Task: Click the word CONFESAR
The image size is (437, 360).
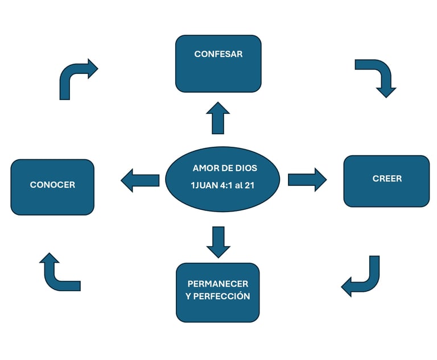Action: [218, 55]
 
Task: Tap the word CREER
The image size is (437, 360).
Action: [387, 179]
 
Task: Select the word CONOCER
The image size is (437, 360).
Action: [52, 185]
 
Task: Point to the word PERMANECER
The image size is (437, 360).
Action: [218, 284]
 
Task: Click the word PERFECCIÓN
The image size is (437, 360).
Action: [224, 296]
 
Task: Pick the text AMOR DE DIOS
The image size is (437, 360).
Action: [225, 168]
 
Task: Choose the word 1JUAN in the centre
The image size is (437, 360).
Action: [203, 185]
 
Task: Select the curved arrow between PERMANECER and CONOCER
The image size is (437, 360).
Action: [57, 273]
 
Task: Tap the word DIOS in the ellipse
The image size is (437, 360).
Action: [246, 168]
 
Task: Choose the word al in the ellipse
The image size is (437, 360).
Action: [240, 185]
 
